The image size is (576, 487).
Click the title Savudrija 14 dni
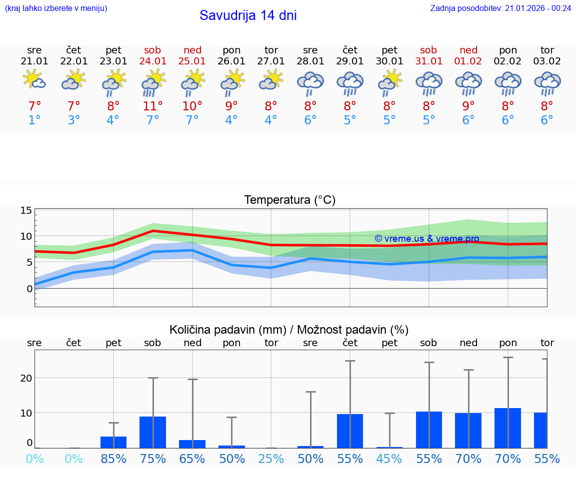tap(248, 15)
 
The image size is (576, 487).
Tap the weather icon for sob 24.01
tap(153, 83)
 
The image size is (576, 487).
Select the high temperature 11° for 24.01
tap(153, 106)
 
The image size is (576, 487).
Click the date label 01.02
tap(468, 61)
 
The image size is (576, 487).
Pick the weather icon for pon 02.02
tap(508, 83)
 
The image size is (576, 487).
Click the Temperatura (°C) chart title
tap(289, 200)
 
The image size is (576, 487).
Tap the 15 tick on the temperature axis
tap(26, 210)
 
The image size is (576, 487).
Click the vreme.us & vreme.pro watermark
tap(426, 239)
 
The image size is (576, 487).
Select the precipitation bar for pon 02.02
tap(507, 428)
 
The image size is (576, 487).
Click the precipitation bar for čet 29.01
tap(350, 431)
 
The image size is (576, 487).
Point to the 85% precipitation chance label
tap(113, 459)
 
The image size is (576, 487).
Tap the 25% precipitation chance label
tap(271, 459)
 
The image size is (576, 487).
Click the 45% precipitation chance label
tap(389, 459)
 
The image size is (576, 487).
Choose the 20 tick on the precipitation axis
tap(26, 378)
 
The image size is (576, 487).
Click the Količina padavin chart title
tap(289, 330)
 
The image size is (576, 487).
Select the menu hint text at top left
tap(56, 8)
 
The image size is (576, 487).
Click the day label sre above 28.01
tap(310, 50)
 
